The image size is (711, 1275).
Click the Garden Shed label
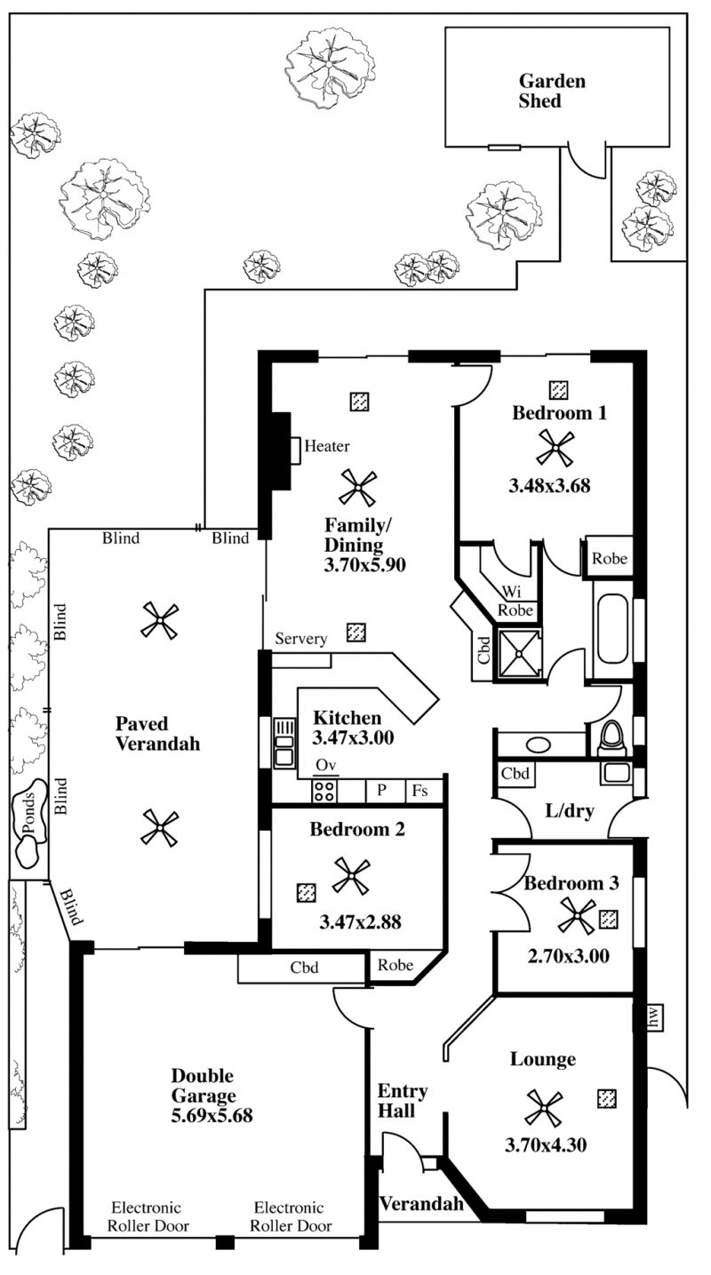click(x=552, y=91)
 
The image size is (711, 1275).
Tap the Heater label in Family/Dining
click(x=327, y=446)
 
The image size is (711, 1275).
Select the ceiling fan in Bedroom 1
click(x=555, y=448)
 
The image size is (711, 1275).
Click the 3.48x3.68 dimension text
click(x=549, y=485)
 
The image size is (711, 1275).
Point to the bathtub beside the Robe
click(x=612, y=629)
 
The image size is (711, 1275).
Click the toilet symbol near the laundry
click(x=612, y=737)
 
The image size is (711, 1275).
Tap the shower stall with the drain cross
click(x=519, y=654)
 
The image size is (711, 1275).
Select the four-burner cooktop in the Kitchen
click(x=324, y=791)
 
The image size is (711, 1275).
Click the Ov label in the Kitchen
click(x=325, y=765)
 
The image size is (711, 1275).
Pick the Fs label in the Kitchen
click(x=419, y=790)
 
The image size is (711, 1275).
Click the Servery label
click(x=301, y=639)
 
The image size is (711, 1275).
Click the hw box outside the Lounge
click(x=653, y=1017)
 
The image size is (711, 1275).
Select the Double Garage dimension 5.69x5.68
click(x=212, y=1116)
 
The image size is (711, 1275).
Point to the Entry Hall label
click(x=403, y=1101)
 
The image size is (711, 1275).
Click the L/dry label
click(x=570, y=810)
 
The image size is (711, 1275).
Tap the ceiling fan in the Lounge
click(x=544, y=1108)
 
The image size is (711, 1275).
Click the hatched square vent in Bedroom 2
click(x=307, y=892)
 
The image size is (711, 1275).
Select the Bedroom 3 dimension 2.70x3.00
click(x=568, y=956)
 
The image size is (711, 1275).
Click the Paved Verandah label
click(x=157, y=734)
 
